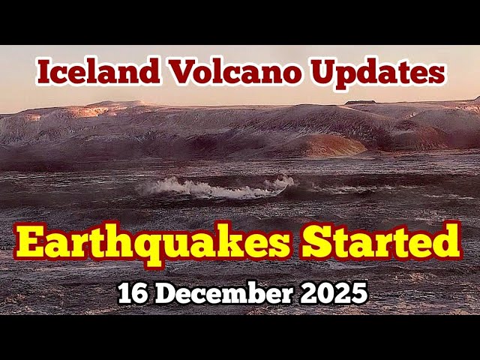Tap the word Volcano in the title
223,72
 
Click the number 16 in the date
132,293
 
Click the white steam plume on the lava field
217,187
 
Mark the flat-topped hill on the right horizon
361,103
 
